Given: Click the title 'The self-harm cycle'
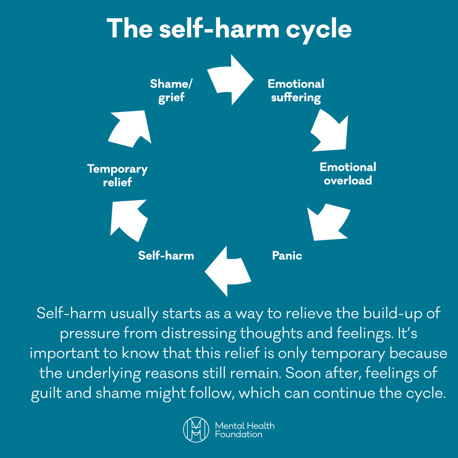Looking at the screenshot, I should pos(229,29).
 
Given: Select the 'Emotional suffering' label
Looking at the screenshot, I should pos(296,90).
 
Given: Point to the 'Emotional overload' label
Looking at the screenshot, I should pos(348,173).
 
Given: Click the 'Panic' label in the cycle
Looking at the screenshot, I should pos(287,255).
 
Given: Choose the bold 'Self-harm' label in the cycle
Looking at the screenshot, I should pos(166,255).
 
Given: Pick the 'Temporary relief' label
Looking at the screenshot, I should pos(117,176).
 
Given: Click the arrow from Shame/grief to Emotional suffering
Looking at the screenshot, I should pos(231,80).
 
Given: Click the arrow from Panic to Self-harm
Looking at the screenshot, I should pos(229,271).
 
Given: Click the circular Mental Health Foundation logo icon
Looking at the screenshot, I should pos(196,430).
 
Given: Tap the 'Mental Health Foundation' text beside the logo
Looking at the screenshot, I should pos(244,430).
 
